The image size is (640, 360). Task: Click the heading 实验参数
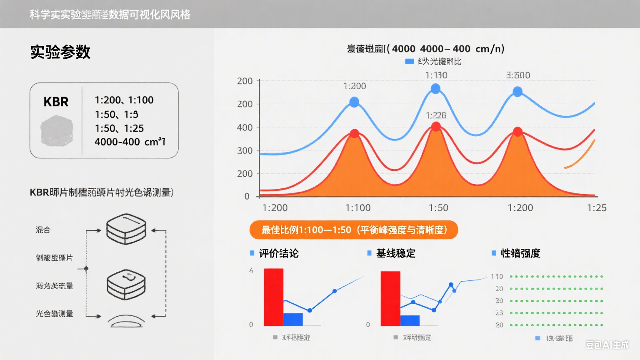tap(60, 52)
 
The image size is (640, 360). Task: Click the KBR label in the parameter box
tap(56, 102)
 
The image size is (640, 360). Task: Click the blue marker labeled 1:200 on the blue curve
tap(354, 102)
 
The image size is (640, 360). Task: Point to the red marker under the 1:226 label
tap(436, 127)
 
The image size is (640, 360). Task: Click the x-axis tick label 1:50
tap(438, 208)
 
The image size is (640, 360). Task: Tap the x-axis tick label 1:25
tap(596, 208)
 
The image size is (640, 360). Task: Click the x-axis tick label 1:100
tap(357, 208)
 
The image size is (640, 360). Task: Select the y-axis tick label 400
tap(245, 127)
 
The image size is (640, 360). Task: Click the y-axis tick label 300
tap(245, 150)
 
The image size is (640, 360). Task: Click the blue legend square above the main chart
tap(409, 62)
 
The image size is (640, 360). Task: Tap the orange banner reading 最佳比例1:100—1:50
tap(353, 230)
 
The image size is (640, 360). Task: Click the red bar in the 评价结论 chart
tap(273, 297)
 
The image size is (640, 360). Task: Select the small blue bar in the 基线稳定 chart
tap(410, 320)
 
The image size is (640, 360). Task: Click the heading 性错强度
tap(520, 253)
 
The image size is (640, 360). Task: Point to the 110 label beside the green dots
tap(497, 277)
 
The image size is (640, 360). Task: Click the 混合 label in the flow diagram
tap(43, 230)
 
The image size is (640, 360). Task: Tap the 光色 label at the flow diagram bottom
tap(54, 314)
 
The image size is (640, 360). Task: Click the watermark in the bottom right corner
tap(607, 345)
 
